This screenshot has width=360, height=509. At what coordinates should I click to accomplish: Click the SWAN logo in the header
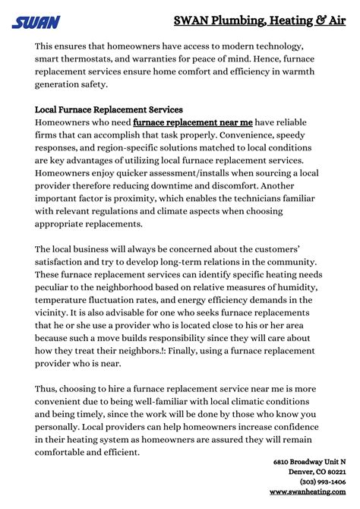(x=35, y=22)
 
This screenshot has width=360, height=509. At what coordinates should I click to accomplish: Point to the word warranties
(x=173, y=60)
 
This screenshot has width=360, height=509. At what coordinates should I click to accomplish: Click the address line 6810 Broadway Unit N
(x=309, y=462)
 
